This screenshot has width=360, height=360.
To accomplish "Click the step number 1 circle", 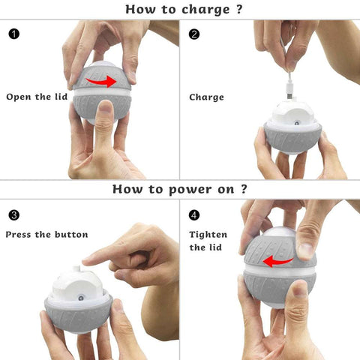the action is [x=14, y=34].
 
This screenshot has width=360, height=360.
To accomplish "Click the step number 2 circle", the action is [x=194, y=34].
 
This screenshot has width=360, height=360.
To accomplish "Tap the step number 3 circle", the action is [x=14, y=215].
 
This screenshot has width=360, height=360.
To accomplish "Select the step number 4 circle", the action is [x=194, y=215].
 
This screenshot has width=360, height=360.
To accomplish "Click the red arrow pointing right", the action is [x=101, y=81].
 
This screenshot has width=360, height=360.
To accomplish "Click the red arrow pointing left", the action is [x=277, y=262].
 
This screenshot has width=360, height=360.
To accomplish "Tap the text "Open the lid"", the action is [x=37, y=97].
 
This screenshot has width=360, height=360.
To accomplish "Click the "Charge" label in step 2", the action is [x=206, y=97].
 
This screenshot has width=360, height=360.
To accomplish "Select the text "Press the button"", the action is [x=47, y=235].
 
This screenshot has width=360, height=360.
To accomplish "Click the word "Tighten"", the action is [x=208, y=235].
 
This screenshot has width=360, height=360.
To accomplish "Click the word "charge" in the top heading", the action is [x=205, y=10].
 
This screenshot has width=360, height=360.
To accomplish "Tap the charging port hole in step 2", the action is [x=297, y=123].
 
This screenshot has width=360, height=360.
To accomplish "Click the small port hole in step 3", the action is [x=80, y=298].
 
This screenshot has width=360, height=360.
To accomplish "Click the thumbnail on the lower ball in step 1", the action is [x=106, y=108].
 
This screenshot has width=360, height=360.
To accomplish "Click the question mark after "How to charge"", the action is [x=239, y=9].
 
